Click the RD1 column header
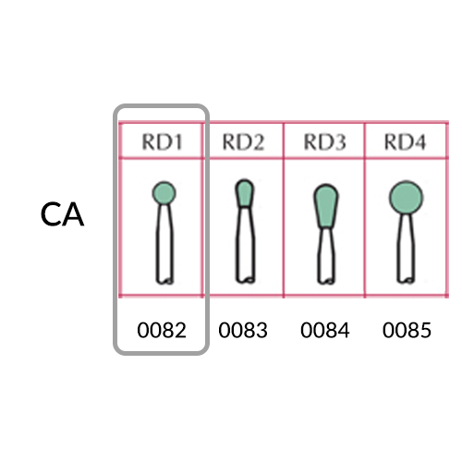tap(162, 142)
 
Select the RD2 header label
tap(243, 142)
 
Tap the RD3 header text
tap(324, 142)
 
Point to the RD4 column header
tap(406, 142)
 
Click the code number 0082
tap(162, 330)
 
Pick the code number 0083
tap(243, 330)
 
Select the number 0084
tap(325, 330)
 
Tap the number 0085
tap(407, 330)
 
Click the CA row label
tap(62, 214)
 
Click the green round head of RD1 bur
tap(164, 193)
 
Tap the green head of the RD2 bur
tap(245, 193)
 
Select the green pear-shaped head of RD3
tap(326, 206)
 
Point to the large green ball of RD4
tap(406, 198)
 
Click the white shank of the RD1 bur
tap(164, 243)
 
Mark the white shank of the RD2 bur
tap(245, 245)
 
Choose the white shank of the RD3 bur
tap(326, 256)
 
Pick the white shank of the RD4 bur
tap(406, 249)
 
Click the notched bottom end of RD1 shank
tap(164, 280)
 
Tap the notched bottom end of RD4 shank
tap(406, 280)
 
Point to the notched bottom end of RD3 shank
tap(326, 280)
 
